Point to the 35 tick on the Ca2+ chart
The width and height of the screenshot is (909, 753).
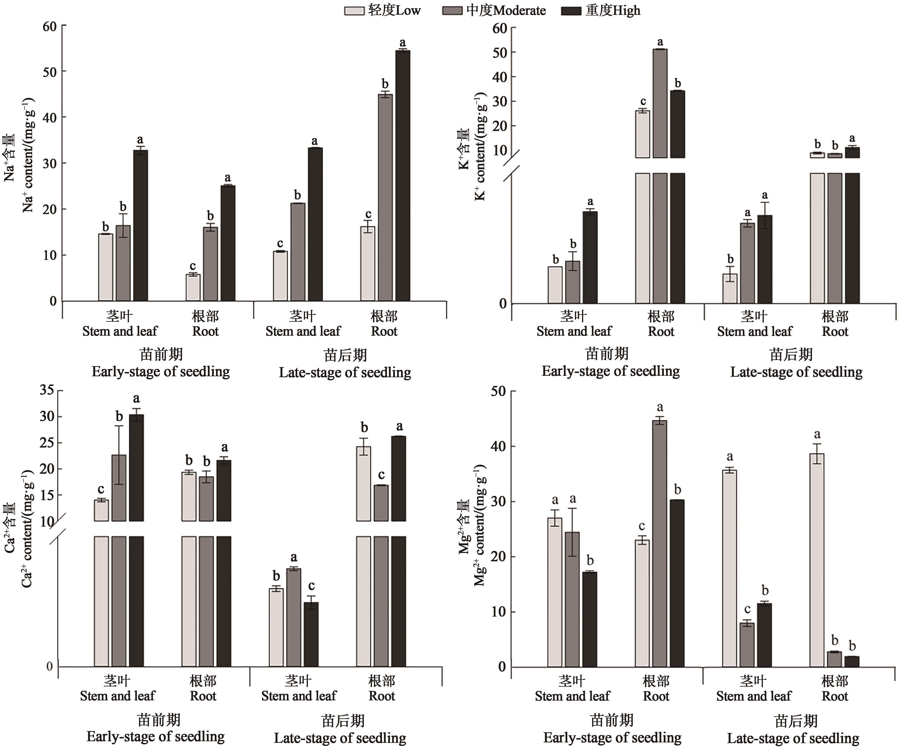click(x=47, y=390)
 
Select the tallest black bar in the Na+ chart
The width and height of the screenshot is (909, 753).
click(x=403, y=175)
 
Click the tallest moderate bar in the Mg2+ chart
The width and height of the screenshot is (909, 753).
click(x=660, y=543)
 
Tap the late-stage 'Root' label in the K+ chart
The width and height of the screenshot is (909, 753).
click(x=835, y=332)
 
